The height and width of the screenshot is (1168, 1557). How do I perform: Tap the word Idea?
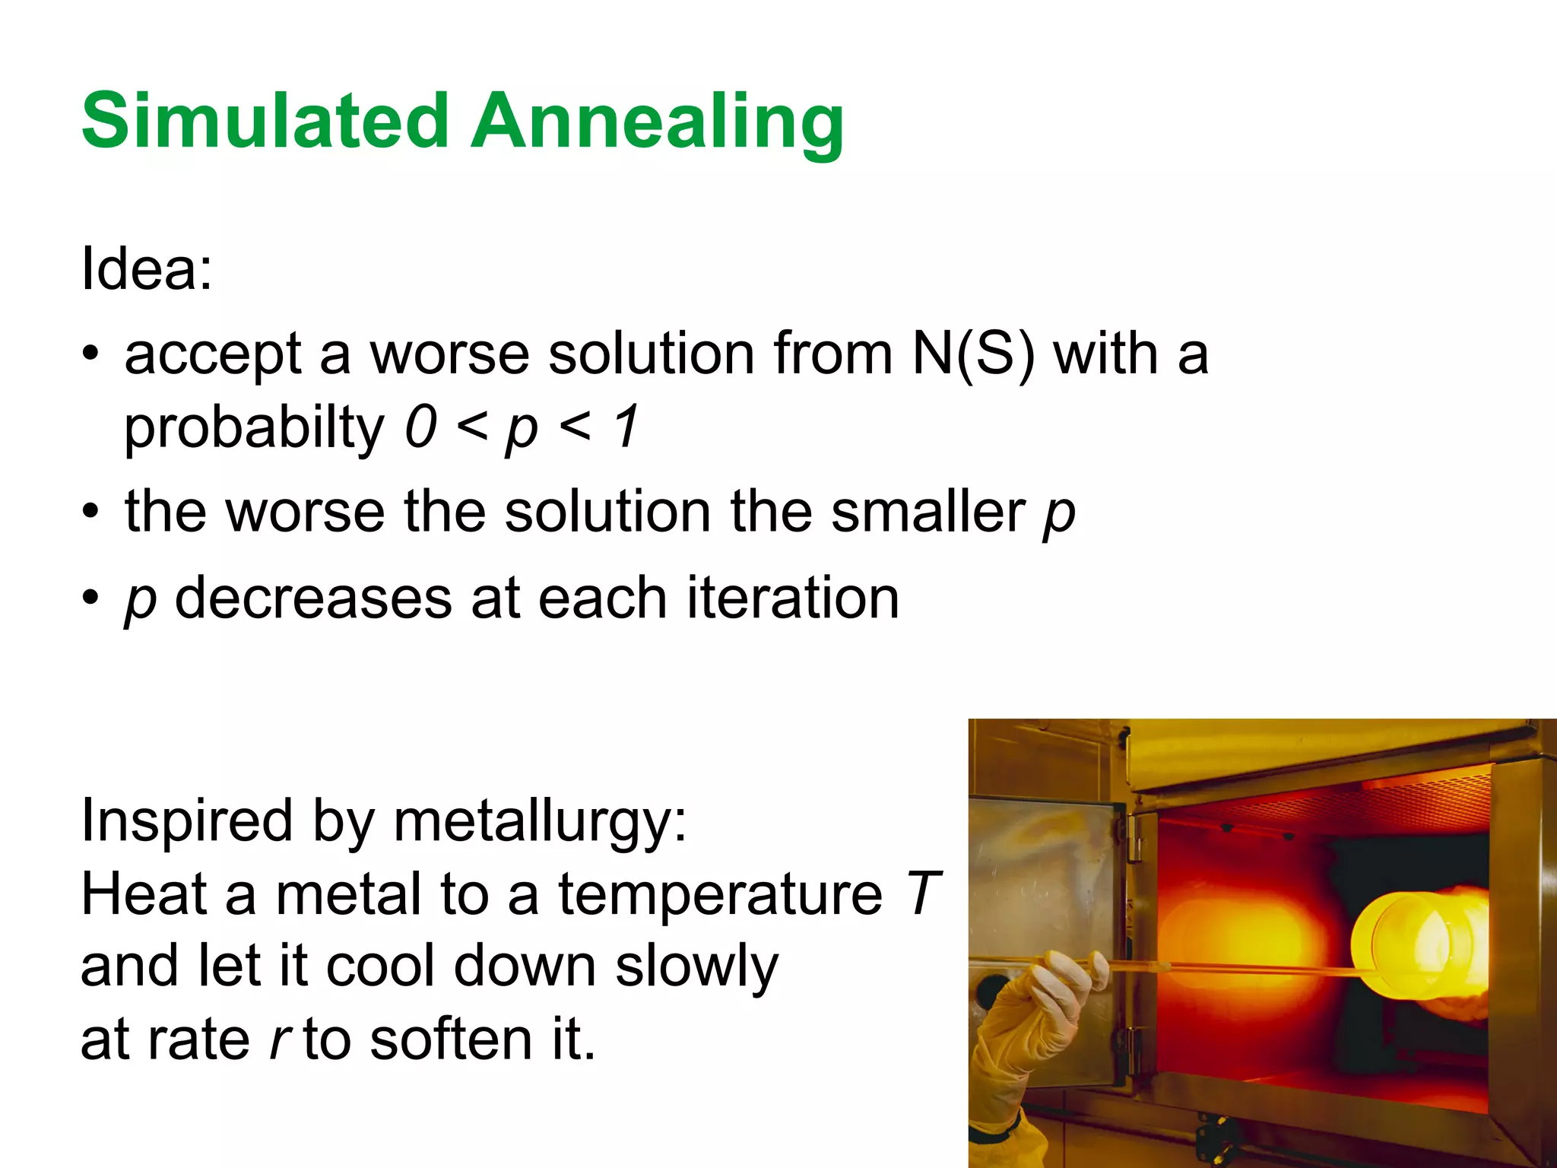(x=147, y=268)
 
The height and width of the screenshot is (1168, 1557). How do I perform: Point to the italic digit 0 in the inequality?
(x=420, y=427)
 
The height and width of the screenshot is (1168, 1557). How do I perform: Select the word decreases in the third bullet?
(x=313, y=598)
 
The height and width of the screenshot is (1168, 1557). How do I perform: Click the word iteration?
(x=793, y=598)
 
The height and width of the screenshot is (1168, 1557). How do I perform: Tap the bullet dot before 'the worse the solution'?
(x=91, y=511)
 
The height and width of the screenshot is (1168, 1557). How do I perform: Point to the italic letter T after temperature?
(x=923, y=894)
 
